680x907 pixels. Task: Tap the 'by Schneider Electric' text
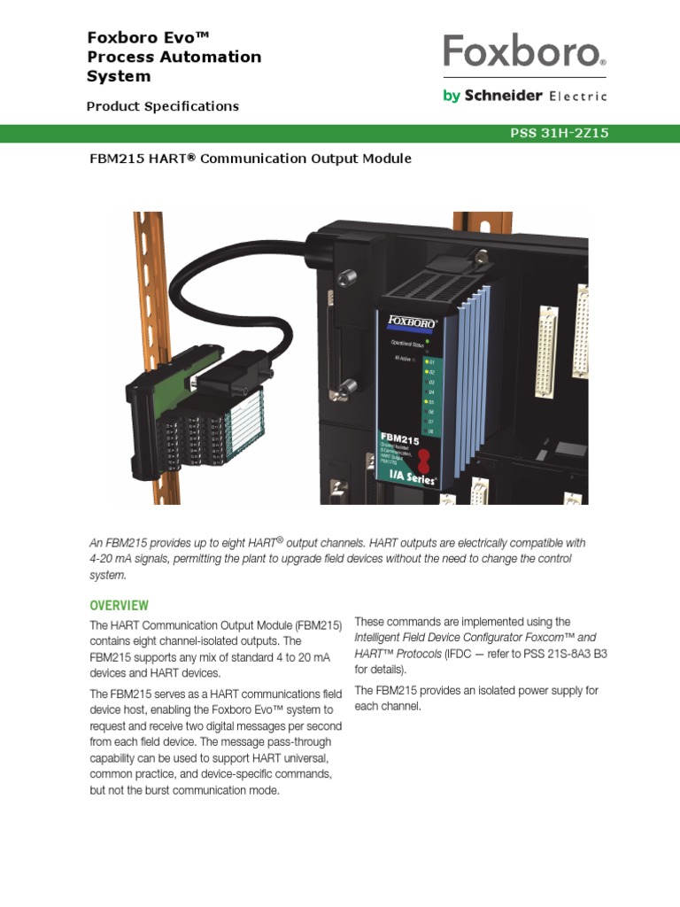(524, 96)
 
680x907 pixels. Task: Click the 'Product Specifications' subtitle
(162, 106)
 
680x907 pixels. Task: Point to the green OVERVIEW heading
(119, 606)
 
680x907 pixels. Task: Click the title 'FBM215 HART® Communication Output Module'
(249, 159)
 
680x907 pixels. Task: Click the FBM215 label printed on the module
(399, 438)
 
